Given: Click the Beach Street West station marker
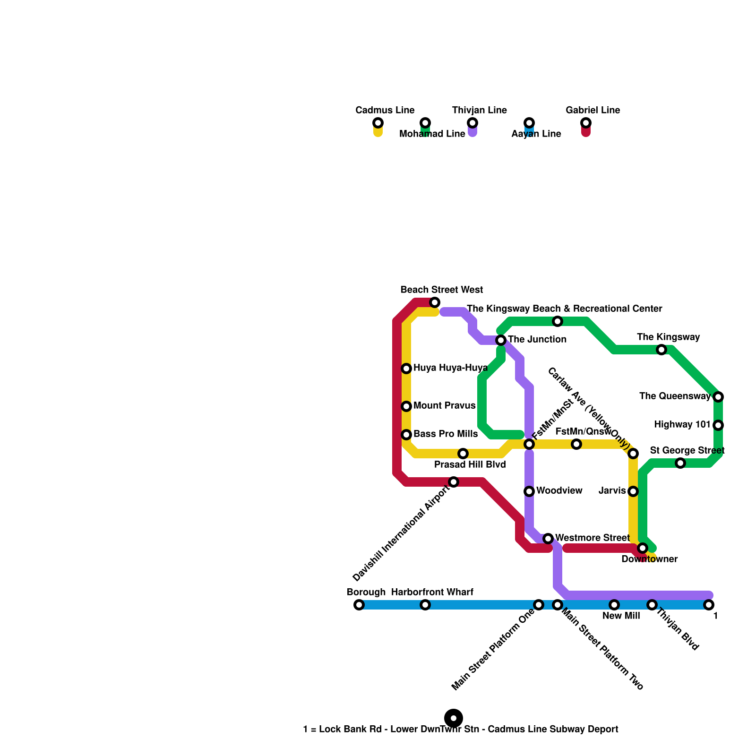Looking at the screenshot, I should [435, 302].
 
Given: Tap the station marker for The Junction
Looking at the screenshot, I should [501, 340].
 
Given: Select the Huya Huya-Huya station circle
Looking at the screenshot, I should [406, 369].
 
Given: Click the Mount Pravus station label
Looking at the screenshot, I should [444, 405].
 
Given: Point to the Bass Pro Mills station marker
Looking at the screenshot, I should [406, 435].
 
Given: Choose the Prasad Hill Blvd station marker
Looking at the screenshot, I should [463, 454].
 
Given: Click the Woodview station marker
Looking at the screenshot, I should [529, 491].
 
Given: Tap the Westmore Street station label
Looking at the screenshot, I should [592, 538].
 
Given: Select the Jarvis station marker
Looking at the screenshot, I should [633, 491].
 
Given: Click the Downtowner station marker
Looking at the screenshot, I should [643, 548].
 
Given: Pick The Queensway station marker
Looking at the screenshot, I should [718, 397].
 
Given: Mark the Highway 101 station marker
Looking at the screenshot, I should [718, 425].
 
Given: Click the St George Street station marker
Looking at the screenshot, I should [680, 463].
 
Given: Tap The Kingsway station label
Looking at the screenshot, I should [668, 337].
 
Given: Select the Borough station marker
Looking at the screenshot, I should [359, 605].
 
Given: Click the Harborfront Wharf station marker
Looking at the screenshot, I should [425, 605].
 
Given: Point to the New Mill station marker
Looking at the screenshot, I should [614, 605].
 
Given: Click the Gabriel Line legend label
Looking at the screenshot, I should [593, 110].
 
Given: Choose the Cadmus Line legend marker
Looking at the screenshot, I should [378, 123].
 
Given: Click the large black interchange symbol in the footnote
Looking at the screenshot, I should [454, 718].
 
